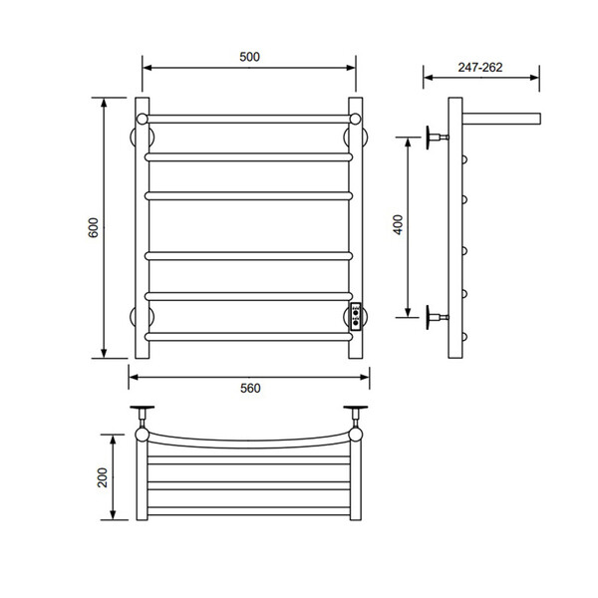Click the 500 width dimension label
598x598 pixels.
coord(249,57)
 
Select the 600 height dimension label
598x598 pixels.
coord(94,227)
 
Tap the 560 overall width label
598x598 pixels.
coord(250,389)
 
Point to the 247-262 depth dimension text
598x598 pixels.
coord(480,68)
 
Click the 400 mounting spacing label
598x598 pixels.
coord(398,225)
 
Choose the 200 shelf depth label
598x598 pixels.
coord(103,477)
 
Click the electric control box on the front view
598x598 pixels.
coord(356,317)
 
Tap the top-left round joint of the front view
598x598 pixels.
coord(142,119)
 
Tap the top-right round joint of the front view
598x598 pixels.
coord(355,119)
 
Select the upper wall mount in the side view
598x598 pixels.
coord(438,137)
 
